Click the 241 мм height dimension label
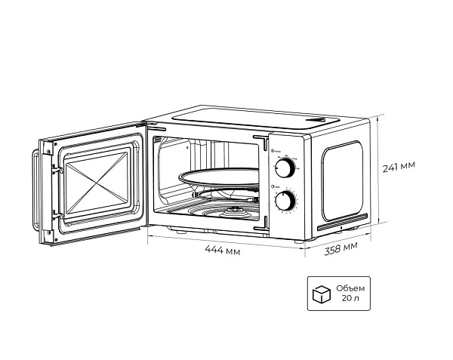pyautogui.click(x=398, y=166)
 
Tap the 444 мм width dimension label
pyautogui.click(x=223, y=251)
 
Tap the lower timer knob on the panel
pyautogui.click(x=285, y=201)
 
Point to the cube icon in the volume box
pyautogui.click(x=322, y=294)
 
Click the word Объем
pyautogui.click(x=350, y=288)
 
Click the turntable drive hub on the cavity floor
pyautogui.click(x=234, y=209)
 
